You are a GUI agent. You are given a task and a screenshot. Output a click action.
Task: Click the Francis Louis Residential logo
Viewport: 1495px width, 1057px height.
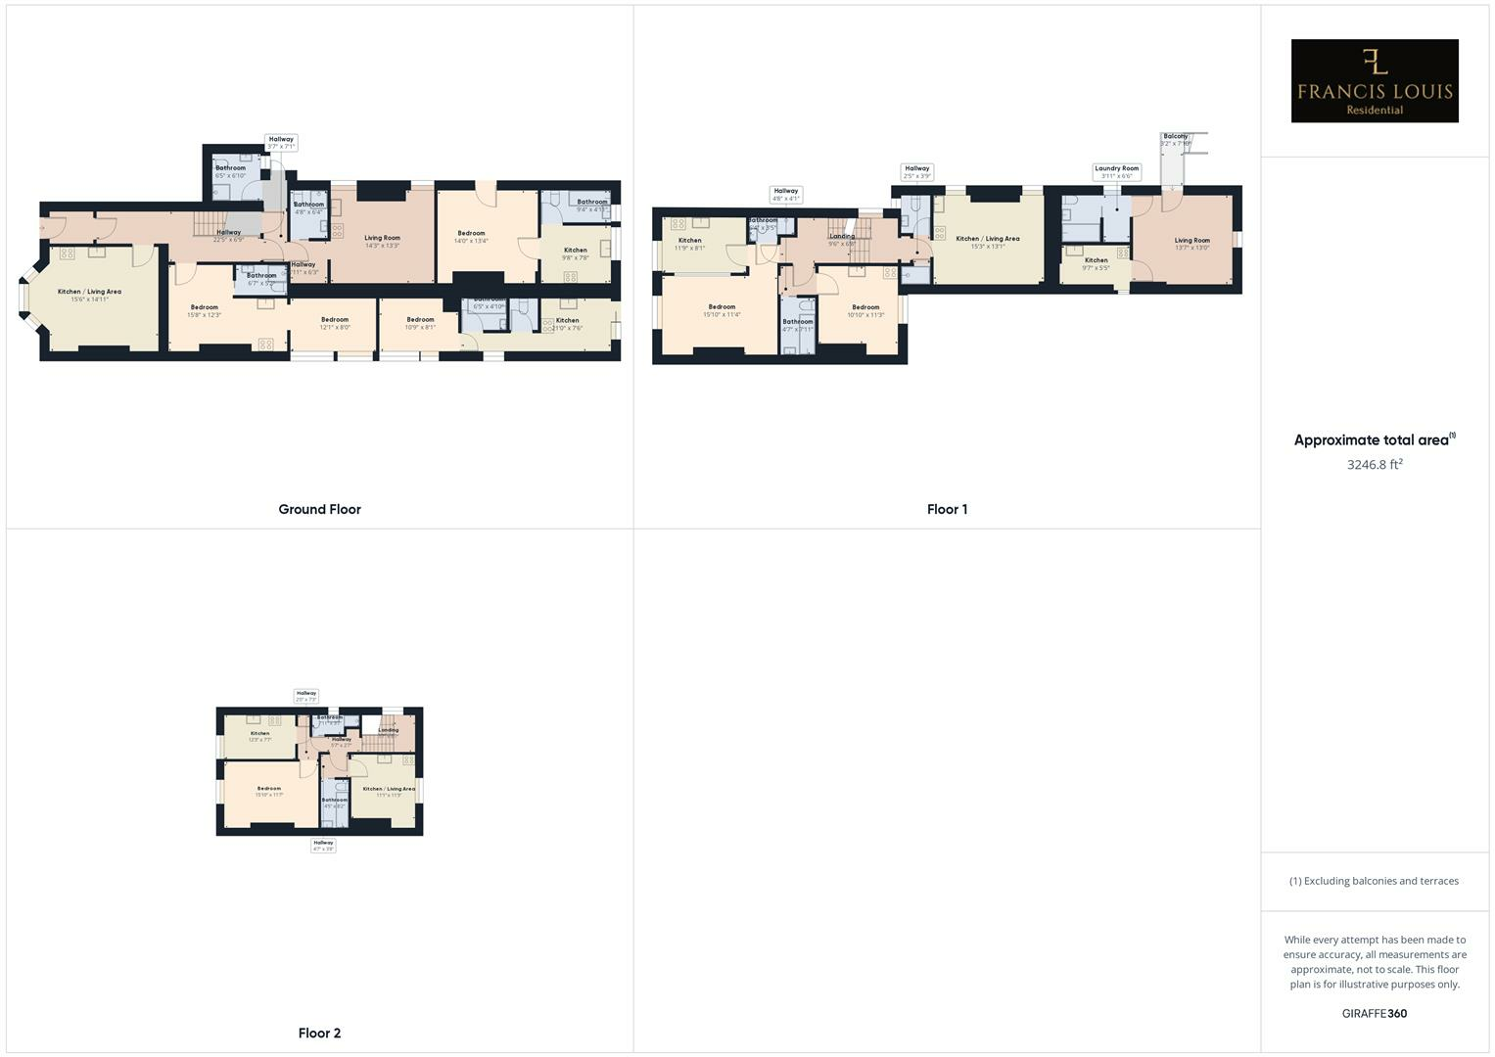point(1374,80)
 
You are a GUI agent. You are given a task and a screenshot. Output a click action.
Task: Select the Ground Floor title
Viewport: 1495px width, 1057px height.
point(319,509)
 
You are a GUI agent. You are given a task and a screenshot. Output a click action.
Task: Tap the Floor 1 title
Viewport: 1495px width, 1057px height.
point(947,509)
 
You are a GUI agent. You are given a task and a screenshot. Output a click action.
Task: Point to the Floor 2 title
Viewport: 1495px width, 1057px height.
point(319,1033)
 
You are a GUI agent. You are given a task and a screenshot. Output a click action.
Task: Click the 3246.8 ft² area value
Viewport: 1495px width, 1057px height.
point(1374,465)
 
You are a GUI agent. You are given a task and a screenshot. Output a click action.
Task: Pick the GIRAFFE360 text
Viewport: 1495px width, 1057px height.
point(1374,1013)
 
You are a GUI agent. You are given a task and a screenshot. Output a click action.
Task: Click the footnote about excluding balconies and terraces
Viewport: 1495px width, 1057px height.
point(1374,881)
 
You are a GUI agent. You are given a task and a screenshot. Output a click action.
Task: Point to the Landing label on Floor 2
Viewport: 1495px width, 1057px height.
point(389,730)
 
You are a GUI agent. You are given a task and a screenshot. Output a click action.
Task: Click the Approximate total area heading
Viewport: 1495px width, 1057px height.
point(1374,440)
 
